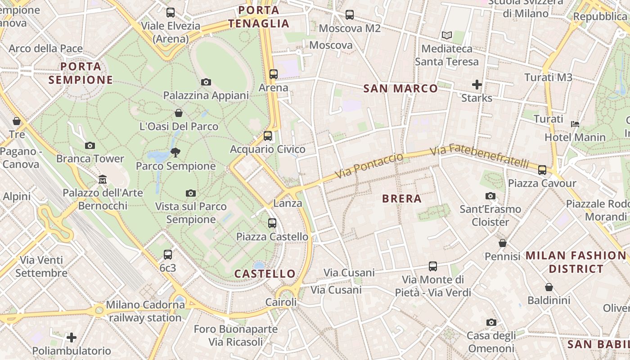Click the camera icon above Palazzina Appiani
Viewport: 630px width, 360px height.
click(206, 82)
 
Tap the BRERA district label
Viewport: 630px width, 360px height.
click(401, 198)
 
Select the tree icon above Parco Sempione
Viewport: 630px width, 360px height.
click(175, 153)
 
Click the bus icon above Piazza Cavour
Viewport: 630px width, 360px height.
click(542, 170)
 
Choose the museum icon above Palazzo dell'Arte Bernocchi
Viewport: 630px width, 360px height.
click(103, 180)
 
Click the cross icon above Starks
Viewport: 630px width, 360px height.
click(477, 84)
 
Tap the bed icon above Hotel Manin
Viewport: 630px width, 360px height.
click(575, 124)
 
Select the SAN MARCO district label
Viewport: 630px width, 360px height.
click(400, 88)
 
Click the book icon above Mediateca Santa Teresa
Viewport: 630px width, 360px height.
click(446, 35)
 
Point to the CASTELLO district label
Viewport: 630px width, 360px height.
click(265, 274)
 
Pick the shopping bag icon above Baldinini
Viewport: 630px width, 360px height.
click(549, 287)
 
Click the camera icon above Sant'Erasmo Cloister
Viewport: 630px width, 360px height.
click(490, 196)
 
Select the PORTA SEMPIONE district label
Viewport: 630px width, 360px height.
click(81, 73)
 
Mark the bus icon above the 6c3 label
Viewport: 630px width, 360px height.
click(168, 254)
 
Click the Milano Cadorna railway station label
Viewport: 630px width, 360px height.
click(145, 311)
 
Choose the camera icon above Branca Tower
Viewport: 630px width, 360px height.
click(90, 145)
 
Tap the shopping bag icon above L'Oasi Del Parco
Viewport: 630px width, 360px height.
click(179, 113)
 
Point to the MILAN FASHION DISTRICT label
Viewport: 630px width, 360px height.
click(576, 262)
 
